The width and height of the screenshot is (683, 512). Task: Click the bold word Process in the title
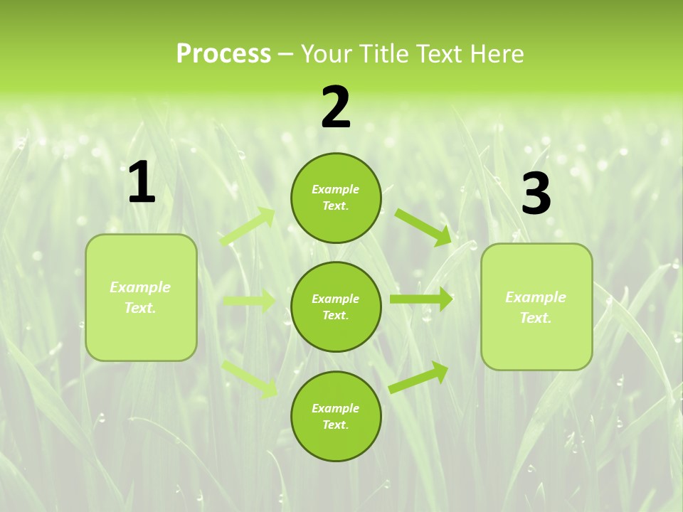coord(223,53)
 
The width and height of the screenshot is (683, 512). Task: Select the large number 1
coord(142,183)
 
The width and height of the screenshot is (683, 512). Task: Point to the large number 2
coord(336,108)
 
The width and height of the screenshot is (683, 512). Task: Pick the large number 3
coord(536,195)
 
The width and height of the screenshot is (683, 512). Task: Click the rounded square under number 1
coord(141,297)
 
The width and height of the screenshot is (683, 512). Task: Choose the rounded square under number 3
coord(536,306)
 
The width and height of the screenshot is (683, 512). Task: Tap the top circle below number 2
coord(336,198)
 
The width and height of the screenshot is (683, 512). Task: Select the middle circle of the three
coord(336,306)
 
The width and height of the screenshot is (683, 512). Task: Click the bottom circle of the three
coord(336,416)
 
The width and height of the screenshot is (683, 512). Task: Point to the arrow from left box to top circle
coord(248,227)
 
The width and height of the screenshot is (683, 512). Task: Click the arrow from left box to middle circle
coord(249,301)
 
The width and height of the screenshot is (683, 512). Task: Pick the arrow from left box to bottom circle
coord(250,378)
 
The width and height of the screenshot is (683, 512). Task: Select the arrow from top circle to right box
coord(423,227)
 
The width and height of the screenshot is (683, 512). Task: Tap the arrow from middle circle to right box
coord(421,299)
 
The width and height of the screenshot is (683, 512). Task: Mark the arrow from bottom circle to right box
coord(419,377)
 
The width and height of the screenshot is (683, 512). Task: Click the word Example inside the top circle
coord(336,189)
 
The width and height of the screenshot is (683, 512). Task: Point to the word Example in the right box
coord(536,297)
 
